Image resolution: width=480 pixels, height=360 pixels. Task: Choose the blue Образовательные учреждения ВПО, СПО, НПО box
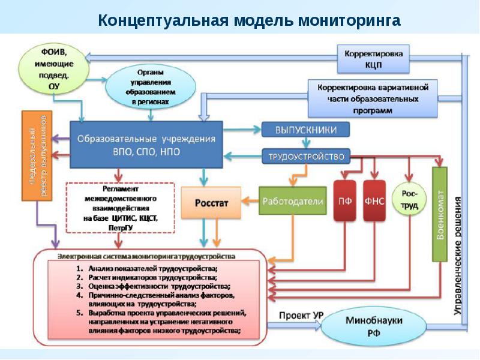tap(146, 144)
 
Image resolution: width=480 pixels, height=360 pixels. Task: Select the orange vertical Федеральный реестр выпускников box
tap(35, 155)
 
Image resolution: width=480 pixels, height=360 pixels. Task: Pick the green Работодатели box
tap(292, 202)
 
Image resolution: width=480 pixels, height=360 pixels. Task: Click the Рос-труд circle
tap(409, 197)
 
